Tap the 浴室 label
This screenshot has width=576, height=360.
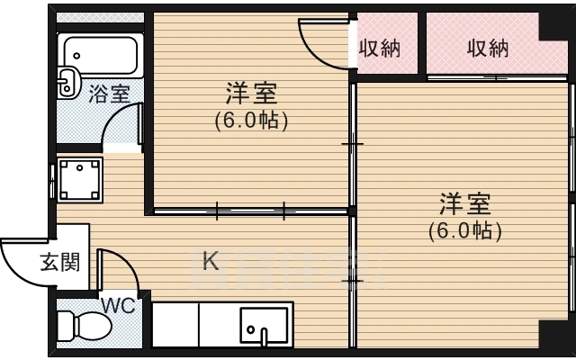[x=109, y=94]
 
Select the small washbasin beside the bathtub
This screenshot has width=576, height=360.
[x=68, y=83]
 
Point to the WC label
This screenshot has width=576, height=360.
[x=118, y=305]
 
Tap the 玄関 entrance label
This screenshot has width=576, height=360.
[x=59, y=262]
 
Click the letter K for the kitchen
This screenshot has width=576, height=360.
[x=210, y=262]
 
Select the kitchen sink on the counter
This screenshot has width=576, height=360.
[x=264, y=327]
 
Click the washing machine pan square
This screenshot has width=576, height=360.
[x=79, y=178]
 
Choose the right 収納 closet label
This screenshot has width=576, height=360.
[x=488, y=49]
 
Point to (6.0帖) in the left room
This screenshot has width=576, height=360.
[x=250, y=119]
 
